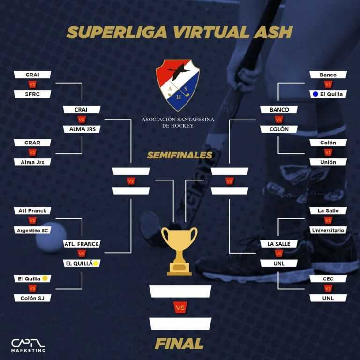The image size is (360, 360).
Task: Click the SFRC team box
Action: [32, 94]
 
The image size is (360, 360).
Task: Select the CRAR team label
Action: [32, 142]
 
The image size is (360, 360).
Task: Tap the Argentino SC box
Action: [32, 230]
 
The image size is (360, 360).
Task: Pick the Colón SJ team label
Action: [32, 298]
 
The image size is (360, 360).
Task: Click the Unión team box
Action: [328, 162]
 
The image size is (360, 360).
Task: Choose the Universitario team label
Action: [328, 230]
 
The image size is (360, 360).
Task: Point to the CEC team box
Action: [328, 278]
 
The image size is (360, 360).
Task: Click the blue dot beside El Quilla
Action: [316, 94]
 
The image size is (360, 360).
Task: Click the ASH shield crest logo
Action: [178, 85]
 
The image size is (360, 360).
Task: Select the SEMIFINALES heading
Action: [180, 155]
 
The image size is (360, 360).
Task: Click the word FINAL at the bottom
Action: [179, 344]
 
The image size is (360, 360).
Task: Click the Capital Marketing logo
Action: [28, 345]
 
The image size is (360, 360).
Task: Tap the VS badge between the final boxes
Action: [180, 307]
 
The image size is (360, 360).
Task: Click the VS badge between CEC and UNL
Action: [328, 288]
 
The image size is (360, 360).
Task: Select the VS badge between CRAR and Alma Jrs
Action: [32, 152]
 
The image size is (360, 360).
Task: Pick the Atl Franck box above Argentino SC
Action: [32, 210]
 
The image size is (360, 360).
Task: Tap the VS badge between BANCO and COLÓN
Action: [279, 120]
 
